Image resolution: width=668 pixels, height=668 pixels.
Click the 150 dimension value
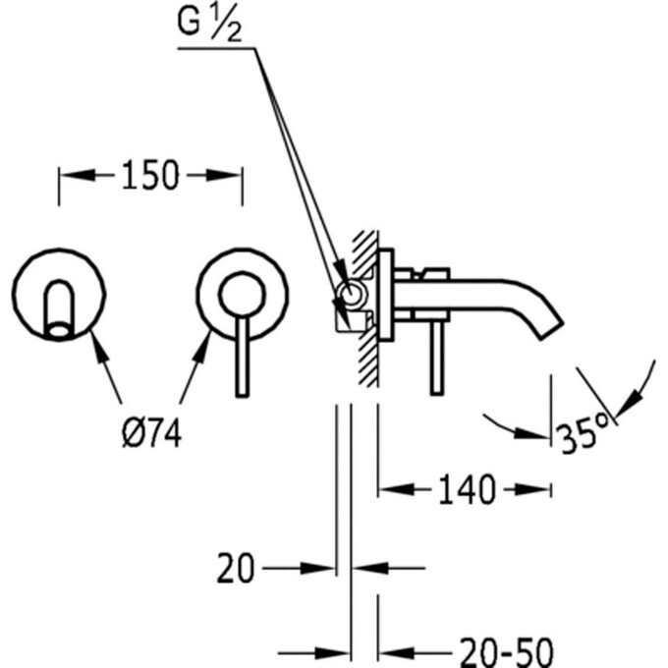(x=150, y=176)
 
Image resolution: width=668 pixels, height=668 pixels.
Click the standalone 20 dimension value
(x=236, y=567)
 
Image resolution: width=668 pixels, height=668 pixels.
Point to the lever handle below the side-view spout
(x=436, y=359)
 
